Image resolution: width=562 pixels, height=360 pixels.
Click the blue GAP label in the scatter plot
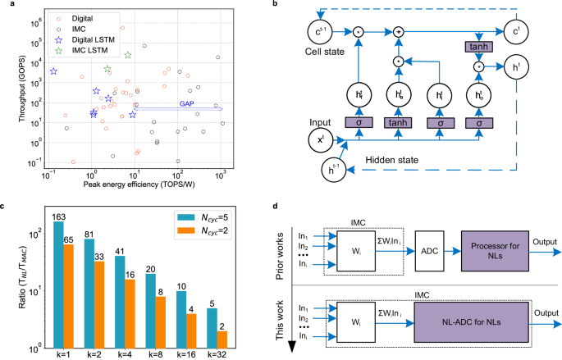189,104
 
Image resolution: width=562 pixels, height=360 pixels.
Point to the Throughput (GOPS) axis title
11,87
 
